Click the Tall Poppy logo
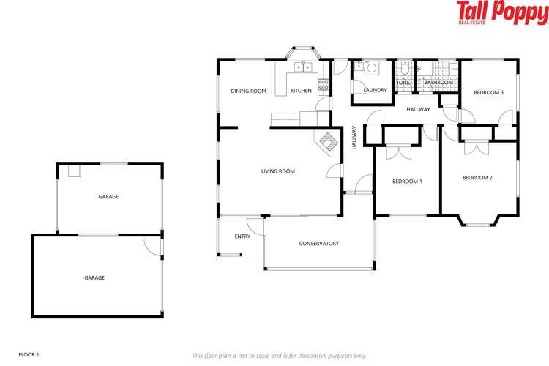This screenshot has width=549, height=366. [501, 12]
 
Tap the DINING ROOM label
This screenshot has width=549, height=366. [248, 91]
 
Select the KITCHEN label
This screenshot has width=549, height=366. [301, 91]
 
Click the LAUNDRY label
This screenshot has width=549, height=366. [375, 90]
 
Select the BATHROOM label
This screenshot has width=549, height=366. [438, 83]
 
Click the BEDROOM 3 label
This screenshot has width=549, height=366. [488, 92]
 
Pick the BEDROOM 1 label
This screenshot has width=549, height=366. [407, 182]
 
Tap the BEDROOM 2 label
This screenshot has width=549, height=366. [477, 178]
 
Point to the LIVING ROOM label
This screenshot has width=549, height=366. [277, 171]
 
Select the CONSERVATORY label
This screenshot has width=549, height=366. [318, 244]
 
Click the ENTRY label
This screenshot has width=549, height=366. [242, 236]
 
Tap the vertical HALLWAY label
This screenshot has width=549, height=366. [354, 138]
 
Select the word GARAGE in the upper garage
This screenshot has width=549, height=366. [108, 197]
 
